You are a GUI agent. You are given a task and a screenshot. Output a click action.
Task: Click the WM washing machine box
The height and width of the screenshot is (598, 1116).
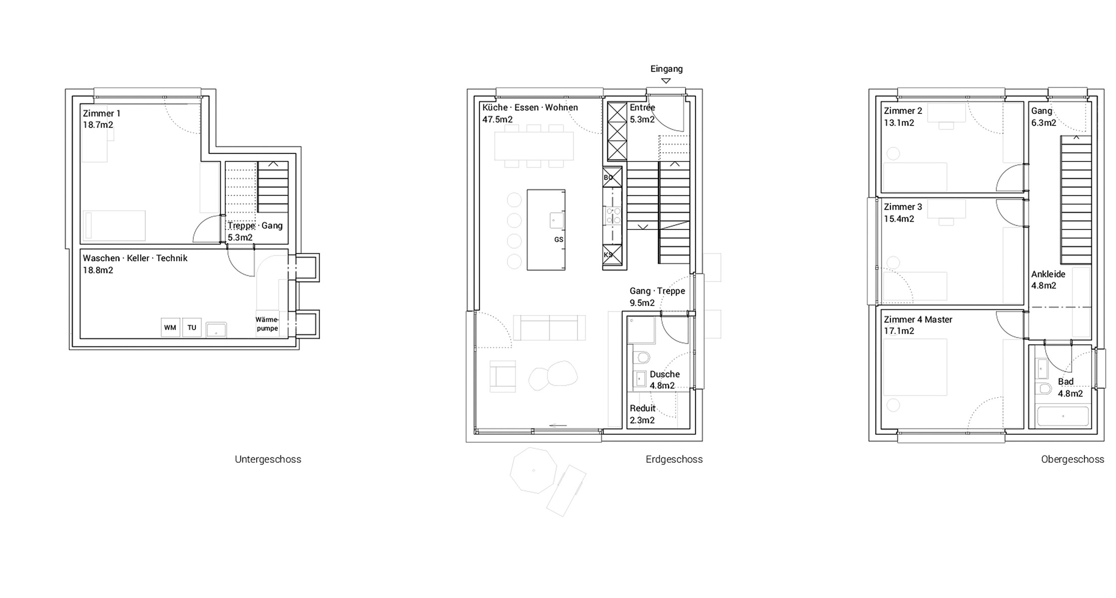click(x=170, y=328)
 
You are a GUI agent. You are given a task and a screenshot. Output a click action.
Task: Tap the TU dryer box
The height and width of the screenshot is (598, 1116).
click(x=192, y=328)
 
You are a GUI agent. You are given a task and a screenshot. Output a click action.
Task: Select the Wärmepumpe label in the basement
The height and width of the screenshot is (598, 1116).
click(x=267, y=324)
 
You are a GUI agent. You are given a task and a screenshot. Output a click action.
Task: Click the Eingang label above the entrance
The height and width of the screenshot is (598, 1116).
click(x=667, y=69)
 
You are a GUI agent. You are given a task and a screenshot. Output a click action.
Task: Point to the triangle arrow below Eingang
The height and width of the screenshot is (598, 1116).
click(x=666, y=81)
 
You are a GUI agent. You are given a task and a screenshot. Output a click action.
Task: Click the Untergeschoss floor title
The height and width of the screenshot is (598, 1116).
click(x=268, y=459)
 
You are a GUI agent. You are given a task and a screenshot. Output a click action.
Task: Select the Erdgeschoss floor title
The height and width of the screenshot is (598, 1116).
click(x=674, y=459)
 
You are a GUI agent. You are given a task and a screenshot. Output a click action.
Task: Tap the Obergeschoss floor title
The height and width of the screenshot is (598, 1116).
click(x=1072, y=459)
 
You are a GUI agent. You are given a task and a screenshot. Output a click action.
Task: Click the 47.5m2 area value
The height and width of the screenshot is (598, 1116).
click(x=498, y=119)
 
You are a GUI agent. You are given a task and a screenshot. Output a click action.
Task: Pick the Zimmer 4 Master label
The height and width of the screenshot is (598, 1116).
click(x=918, y=320)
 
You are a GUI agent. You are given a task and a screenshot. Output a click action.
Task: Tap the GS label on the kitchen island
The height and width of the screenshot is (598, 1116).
click(x=558, y=240)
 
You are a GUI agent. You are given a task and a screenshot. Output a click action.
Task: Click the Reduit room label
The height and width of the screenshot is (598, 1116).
click(x=643, y=408)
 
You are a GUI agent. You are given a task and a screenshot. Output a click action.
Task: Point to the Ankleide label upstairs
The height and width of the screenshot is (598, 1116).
click(x=1048, y=274)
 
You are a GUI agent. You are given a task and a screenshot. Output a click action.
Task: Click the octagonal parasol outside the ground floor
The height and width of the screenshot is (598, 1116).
click(x=533, y=470)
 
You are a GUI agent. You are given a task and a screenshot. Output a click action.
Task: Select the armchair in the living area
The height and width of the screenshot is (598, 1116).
click(x=503, y=376)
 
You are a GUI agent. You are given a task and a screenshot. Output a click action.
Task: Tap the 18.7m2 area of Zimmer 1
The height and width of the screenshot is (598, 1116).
click(x=98, y=125)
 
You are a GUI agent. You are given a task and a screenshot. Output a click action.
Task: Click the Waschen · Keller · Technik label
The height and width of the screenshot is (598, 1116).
click(x=135, y=258)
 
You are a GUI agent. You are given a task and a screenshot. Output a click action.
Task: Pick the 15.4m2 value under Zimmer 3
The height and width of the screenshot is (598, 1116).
click(x=899, y=219)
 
